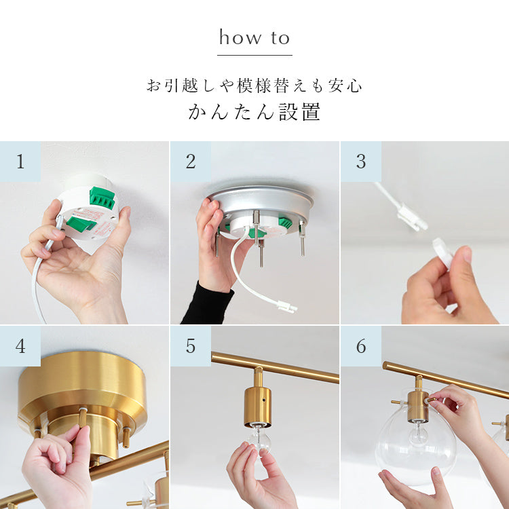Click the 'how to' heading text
tap(254, 37)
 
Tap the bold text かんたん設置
tap(254, 112)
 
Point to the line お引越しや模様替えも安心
tap(254, 86)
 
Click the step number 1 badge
tap(20, 162)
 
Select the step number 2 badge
tap(191, 162)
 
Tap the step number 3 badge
tap(361, 162)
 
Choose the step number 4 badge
tap(20, 346)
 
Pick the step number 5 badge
tap(191, 346)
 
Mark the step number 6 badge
tap(361, 346)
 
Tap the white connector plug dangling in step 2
tap(287, 307)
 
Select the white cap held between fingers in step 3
tap(442, 252)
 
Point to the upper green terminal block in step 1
tap(102, 198)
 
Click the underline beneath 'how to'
tap(254, 55)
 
